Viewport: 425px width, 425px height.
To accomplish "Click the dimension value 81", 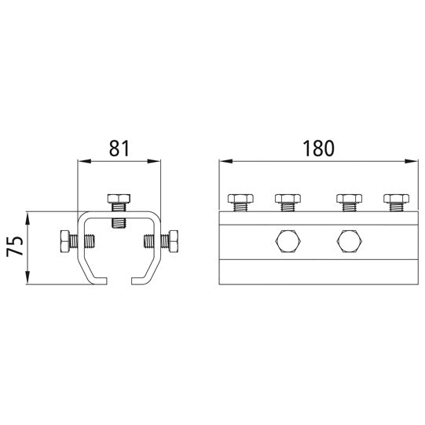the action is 119,148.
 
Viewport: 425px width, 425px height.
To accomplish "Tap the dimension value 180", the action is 318,148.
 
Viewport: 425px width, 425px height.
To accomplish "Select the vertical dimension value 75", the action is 15,247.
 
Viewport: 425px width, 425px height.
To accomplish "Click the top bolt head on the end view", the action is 119,199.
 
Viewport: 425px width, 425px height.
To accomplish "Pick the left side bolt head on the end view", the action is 64,241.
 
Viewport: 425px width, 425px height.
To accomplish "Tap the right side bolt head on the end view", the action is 173,241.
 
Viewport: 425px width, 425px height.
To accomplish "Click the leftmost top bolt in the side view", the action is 240,203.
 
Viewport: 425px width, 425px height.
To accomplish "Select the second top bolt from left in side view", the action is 288,203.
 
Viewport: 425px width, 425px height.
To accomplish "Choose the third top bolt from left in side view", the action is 349,203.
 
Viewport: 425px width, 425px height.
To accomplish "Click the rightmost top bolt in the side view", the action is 396,203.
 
